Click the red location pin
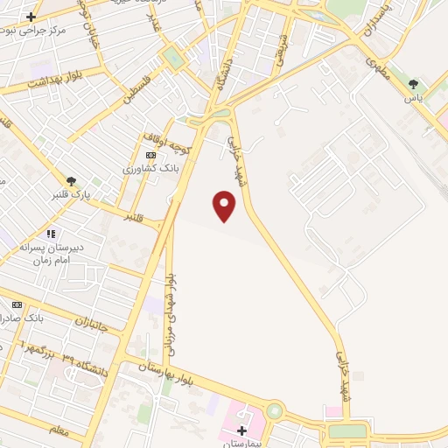click(225, 206)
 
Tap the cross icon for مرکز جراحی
click(31, 17)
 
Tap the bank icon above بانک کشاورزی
click(150, 154)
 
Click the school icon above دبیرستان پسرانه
click(51, 234)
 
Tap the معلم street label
click(61, 429)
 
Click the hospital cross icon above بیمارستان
click(242, 430)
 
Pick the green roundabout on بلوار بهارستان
click(276, 410)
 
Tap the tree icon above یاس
click(413, 84)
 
